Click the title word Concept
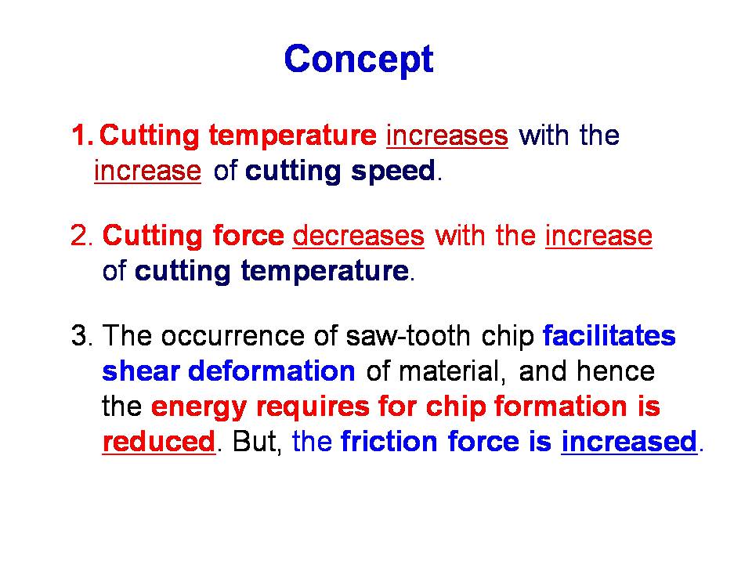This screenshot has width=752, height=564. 359,60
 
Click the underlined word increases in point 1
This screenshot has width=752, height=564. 447,136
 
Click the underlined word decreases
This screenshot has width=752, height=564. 358,237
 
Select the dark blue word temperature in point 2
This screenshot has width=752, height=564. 324,272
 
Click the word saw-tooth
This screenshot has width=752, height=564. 408,336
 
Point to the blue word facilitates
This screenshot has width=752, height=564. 609,335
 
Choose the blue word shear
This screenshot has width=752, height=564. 141,371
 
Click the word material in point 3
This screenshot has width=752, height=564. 452,371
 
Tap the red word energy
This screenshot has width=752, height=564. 199,407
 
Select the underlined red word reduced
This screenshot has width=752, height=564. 159,442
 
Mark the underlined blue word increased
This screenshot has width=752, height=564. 629,442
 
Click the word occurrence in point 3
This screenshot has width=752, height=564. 233,336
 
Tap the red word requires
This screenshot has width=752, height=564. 313,407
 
